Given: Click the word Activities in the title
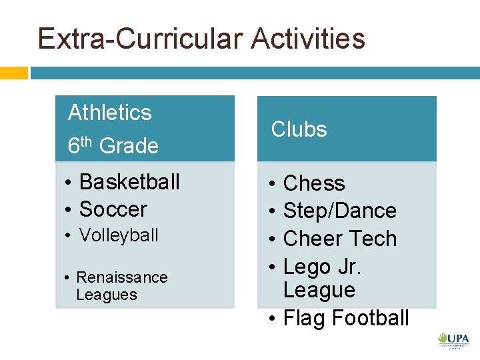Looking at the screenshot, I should click(x=308, y=39).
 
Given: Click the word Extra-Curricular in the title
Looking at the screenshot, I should click(x=141, y=39).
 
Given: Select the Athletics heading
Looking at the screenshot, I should click(x=110, y=113).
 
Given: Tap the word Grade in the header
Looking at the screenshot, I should click(x=129, y=146).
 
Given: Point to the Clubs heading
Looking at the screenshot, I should click(x=299, y=129).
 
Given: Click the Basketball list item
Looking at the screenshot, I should click(x=129, y=181).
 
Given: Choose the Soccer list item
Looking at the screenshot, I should click(x=113, y=209).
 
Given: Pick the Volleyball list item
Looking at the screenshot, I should click(x=119, y=235).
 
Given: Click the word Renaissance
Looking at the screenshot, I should click(x=122, y=277).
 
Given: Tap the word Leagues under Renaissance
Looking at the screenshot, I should click(x=107, y=295).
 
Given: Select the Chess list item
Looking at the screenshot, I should click(x=314, y=183).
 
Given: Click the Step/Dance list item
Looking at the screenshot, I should click(x=340, y=211).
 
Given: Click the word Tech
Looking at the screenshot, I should click(x=373, y=239).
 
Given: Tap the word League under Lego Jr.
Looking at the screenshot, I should click(x=319, y=291).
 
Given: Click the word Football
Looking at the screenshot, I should click(x=370, y=319).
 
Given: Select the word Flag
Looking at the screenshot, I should click(x=305, y=319).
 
